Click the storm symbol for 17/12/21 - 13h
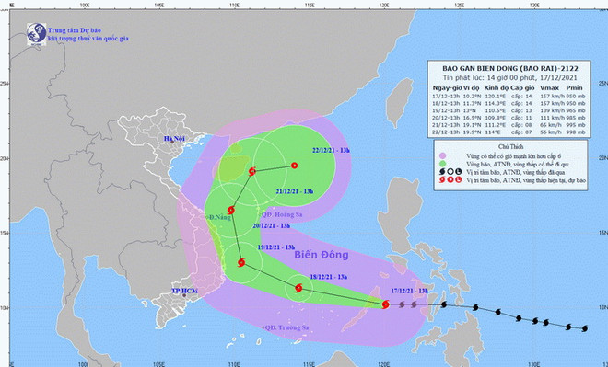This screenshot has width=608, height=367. [385, 302]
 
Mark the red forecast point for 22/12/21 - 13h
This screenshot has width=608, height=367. [294, 166]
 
